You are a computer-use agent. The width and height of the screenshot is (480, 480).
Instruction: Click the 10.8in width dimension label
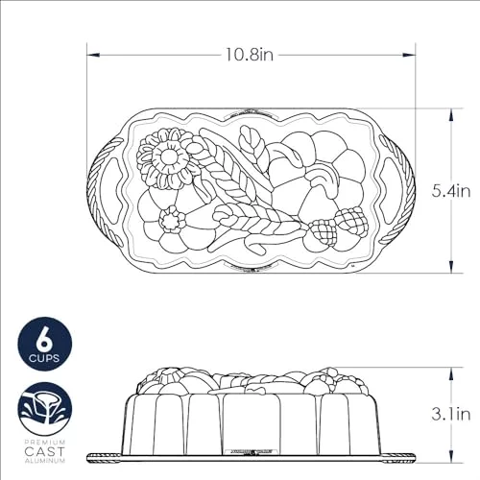point(250,55)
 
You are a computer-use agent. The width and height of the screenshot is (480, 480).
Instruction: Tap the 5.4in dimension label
point(451,191)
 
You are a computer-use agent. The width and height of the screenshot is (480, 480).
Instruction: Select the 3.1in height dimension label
point(451,414)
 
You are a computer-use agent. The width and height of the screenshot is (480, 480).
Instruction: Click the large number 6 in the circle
point(44,340)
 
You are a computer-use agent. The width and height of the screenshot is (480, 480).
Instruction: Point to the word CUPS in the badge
point(44,358)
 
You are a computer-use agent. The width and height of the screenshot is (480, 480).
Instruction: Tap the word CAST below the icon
point(45,451)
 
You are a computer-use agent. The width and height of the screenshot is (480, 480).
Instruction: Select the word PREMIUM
point(45,443)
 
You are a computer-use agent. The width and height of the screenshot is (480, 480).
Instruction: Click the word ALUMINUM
point(45,461)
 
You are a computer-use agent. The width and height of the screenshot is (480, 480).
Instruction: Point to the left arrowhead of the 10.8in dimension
point(93,55)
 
